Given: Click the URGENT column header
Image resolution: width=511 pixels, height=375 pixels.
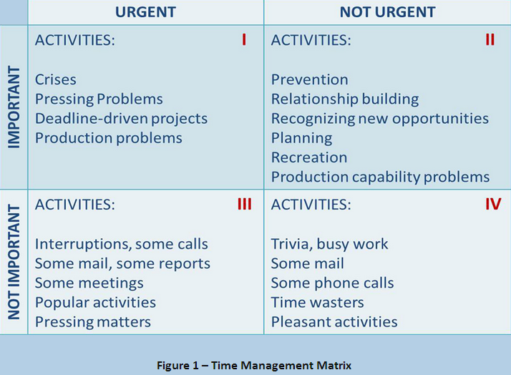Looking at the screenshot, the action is (x=145, y=12).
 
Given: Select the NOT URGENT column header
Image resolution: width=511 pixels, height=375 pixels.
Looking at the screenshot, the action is (x=387, y=12).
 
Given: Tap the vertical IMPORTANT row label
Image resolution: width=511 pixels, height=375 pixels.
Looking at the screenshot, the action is (x=14, y=107).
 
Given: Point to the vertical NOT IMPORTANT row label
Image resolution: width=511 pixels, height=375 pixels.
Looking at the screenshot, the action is (x=14, y=262).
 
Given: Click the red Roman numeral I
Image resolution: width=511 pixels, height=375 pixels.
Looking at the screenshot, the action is (x=244, y=40).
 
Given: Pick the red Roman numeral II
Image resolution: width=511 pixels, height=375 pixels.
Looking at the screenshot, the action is (x=490, y=40).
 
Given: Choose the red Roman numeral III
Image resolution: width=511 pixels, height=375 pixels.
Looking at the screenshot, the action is (x=245, y=204).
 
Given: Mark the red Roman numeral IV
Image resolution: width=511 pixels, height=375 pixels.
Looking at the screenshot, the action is (x=493, y=204).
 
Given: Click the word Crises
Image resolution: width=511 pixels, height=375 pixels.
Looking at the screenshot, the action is (x=56, y=79).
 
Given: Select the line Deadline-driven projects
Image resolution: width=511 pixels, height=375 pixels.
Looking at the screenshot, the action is (x=121, y=120).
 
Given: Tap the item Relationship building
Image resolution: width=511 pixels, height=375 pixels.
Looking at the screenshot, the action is (x=345, y=99).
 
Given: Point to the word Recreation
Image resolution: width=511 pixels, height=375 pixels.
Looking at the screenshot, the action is (x=309, y=157).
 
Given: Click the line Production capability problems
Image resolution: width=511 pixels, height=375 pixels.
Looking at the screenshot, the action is (x=380, y=177).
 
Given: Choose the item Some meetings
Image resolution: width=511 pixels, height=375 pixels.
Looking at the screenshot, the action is (x=89, y=283).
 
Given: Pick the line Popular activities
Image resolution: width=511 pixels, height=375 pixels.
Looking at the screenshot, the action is (x=95, y=303).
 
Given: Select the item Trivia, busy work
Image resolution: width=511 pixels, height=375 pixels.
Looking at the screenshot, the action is (x=329, y=244).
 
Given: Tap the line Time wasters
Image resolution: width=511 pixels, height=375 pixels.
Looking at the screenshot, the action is (x=318, y=302).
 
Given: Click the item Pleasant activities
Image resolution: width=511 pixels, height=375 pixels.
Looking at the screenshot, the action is (x=334, y=322).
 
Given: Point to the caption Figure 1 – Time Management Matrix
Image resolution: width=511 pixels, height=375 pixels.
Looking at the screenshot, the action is (x=254, y=366).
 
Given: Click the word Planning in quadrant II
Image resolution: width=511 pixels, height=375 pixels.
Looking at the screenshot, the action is (x=302, y=139).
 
